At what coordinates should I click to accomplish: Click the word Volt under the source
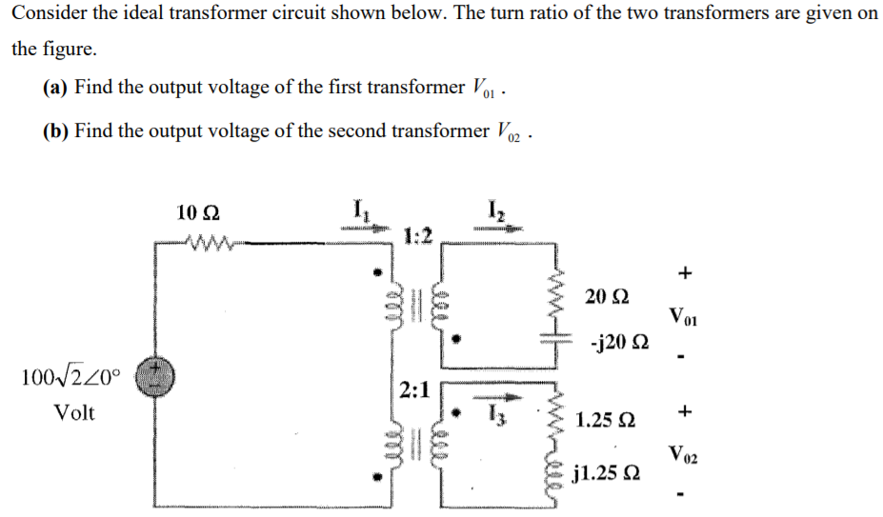coord(73,413)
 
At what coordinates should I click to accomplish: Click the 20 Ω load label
coord(608,295)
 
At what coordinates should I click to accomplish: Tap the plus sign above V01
coord(684,274)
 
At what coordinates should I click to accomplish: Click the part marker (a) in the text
coord(55,88)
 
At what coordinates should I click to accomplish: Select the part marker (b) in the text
coord(55,130)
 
